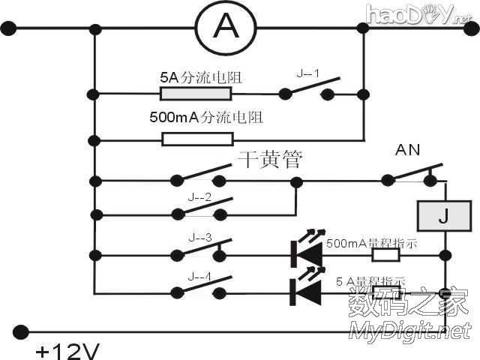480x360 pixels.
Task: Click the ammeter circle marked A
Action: coord(225,28)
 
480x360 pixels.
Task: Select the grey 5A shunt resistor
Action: coord(196,94)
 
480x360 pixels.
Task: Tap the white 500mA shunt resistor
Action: coord(198,139)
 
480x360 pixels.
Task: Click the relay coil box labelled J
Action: coord(443,217)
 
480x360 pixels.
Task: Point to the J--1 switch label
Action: coord(308,74)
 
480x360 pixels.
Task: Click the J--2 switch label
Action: coord(199,198)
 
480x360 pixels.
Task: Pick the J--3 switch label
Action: coord(199,238)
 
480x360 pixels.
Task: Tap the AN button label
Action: coord(408,151)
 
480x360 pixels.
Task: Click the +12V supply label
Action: coord(65,350)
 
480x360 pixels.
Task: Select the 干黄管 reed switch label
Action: coord(271,160)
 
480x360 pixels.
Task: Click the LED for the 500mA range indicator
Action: coord(307,254)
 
